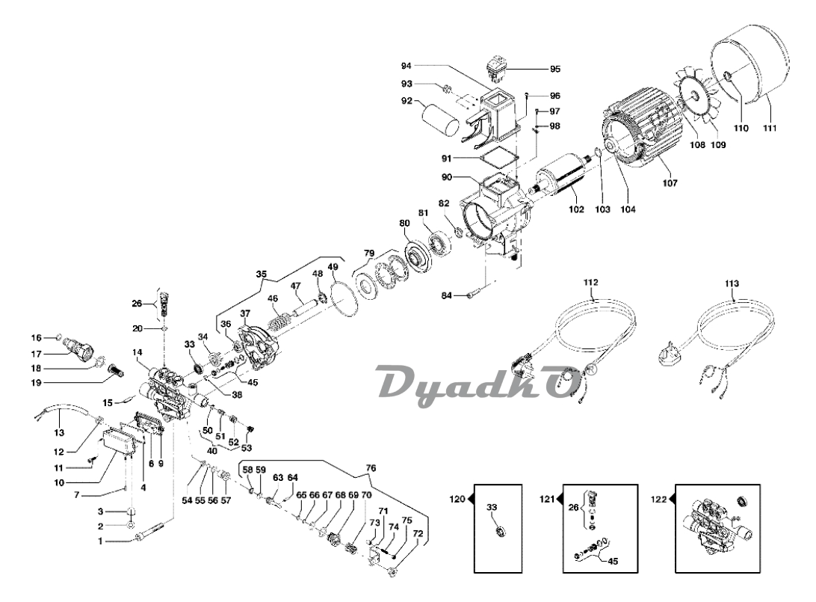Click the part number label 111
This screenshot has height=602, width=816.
click(x=770, y=128)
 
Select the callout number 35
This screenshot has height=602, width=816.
click(x=261, y=274)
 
